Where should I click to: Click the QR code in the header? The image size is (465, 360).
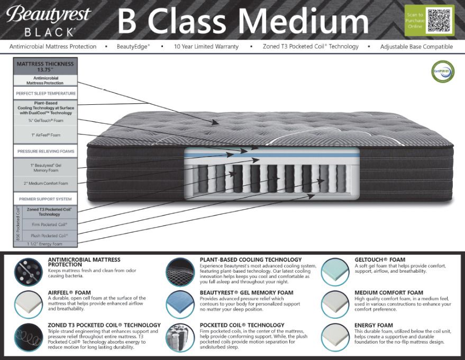[439, 20]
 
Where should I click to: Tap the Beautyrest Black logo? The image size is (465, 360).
[48, 20]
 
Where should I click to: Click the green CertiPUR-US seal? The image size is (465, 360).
[443, 72]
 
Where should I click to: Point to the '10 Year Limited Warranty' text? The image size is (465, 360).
[206, 47]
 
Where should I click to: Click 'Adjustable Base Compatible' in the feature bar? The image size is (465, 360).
[416, 47]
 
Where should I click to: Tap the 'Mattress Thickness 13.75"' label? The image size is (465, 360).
[45, 66]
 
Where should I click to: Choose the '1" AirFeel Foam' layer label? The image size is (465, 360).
[45, 135]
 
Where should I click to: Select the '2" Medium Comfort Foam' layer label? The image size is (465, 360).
[45, 183]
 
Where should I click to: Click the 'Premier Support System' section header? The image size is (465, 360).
[45, 199]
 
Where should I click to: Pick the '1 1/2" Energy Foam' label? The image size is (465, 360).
[45, 244]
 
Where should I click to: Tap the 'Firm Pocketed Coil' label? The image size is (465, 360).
[49, 224]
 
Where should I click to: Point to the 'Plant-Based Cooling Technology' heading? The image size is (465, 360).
[251, 260]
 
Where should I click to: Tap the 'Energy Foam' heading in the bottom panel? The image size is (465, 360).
[373, 325]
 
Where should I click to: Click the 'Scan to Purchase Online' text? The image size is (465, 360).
[415, 21]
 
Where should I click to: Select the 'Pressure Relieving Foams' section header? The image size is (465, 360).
[45, 151]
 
